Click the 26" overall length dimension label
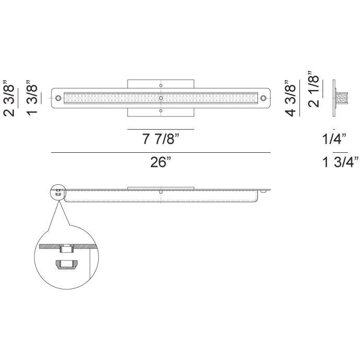point(161,163)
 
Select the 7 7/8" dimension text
point(160,139)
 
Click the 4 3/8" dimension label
point(291,97)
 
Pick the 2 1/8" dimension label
point(314,88)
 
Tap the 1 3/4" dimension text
point(340,163)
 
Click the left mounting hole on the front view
point(58,98)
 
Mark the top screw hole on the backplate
point(161,85)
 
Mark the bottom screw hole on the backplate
point(161,110)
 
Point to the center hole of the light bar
point(161,98)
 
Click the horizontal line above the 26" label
point(161,152)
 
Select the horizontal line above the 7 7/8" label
point(161,129)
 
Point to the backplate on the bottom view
point(161,187)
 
